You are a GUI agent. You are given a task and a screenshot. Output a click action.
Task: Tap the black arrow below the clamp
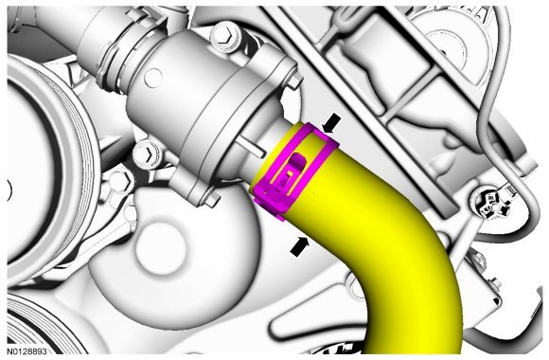[300, 246]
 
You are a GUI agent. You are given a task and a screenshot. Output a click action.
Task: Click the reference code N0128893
[27, 351]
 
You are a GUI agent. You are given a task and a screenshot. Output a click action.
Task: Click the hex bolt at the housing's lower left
[148, 153]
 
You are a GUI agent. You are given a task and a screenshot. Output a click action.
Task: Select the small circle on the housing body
[152, 78]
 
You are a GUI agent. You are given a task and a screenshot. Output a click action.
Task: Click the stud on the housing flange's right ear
[293, 81]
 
